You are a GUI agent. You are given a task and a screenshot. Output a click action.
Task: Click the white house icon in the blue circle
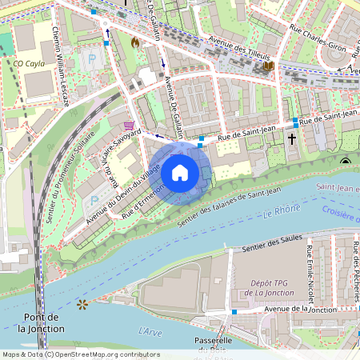pos(180,173)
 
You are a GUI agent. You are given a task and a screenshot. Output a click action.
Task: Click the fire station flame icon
pos(134,42)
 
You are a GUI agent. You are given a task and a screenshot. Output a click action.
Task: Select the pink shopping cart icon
pos(129,126)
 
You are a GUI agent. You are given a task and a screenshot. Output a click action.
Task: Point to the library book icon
pos(269,66)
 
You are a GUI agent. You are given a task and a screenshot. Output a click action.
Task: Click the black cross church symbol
pos(292,139)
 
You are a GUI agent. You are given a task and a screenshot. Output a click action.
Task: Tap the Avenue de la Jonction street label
pos(300,310)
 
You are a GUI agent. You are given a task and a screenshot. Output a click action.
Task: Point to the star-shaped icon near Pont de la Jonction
pos(81,304)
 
